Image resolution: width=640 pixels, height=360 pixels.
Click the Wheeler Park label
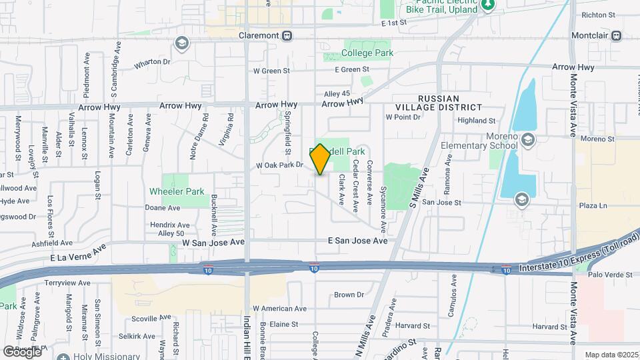pos(176,191)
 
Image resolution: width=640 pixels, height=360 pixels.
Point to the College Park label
pos(367,53)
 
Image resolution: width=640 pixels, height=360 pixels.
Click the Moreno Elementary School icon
pos(528,139)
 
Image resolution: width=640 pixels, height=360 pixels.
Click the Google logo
pos(22,351)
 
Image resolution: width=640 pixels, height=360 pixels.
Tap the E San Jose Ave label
pos(357,241)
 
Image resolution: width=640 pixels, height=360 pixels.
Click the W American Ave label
pos(279,309)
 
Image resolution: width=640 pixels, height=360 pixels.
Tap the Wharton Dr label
pos(153,62)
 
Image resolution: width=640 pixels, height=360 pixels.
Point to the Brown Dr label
pos(349,294)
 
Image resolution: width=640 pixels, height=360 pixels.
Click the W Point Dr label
pos(403,117)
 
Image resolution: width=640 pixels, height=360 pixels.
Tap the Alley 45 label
pos(337,93)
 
